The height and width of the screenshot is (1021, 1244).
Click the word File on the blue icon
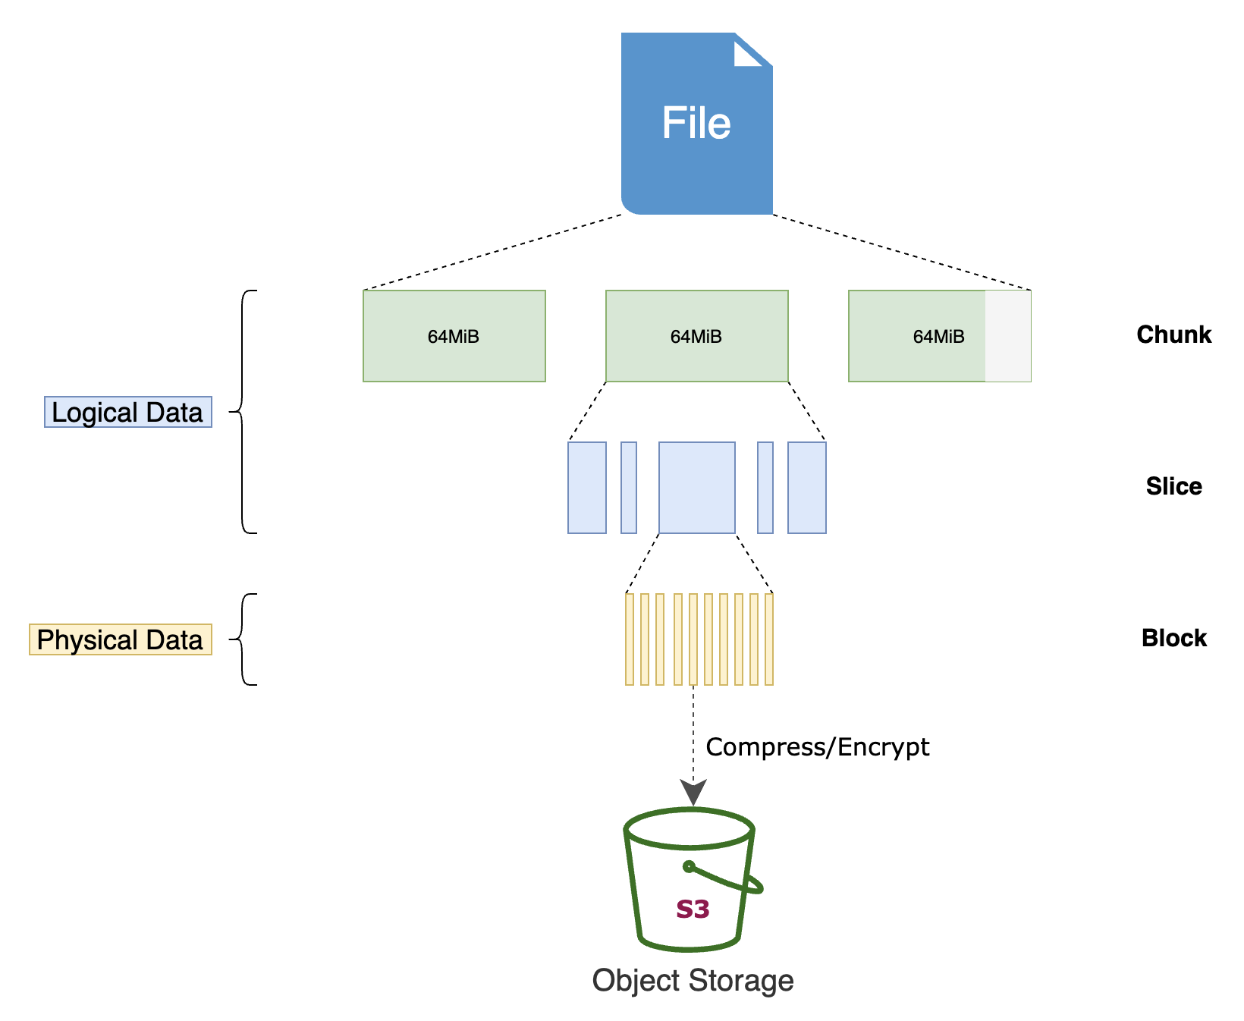coord(696,123)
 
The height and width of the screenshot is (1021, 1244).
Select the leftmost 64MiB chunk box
coord(454,336)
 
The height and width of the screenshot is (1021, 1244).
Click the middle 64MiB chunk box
coord(696,336)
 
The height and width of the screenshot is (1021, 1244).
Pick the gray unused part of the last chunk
coord(1008,336)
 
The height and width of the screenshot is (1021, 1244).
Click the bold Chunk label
coord(1173,335)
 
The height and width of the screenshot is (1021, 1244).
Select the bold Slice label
coord(1173,486)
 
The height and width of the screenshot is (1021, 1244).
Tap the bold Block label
coord(1173,638)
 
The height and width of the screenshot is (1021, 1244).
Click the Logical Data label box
coord(127,412)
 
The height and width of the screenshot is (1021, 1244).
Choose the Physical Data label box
coord(120,639)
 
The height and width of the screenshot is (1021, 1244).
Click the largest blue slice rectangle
coord(696,488)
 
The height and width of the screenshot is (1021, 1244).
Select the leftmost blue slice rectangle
coord(587,488)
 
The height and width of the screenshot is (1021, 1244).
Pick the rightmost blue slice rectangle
coord(806,488)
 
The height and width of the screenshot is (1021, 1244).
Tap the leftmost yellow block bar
coord(630,639)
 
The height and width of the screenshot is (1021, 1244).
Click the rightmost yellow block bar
coord(769,639)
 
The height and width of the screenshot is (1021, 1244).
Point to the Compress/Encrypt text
coord(817,747)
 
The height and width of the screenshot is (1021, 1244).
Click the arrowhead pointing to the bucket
coord(693,793)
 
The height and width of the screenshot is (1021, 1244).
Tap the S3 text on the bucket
coord(693,909)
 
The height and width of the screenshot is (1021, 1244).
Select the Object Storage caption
coord(693,980)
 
